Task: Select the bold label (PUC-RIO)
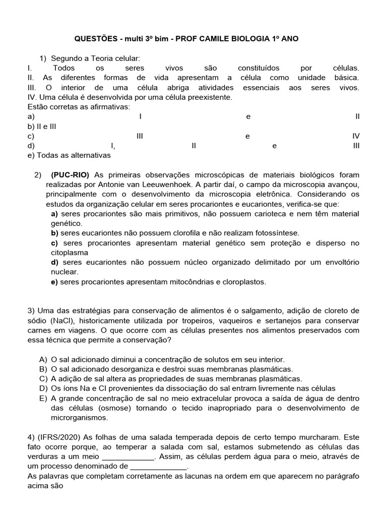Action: click(x=70, y=175)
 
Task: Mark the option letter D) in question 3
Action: click(x=43, y=389)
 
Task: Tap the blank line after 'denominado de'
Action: click(x=158, y=467)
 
